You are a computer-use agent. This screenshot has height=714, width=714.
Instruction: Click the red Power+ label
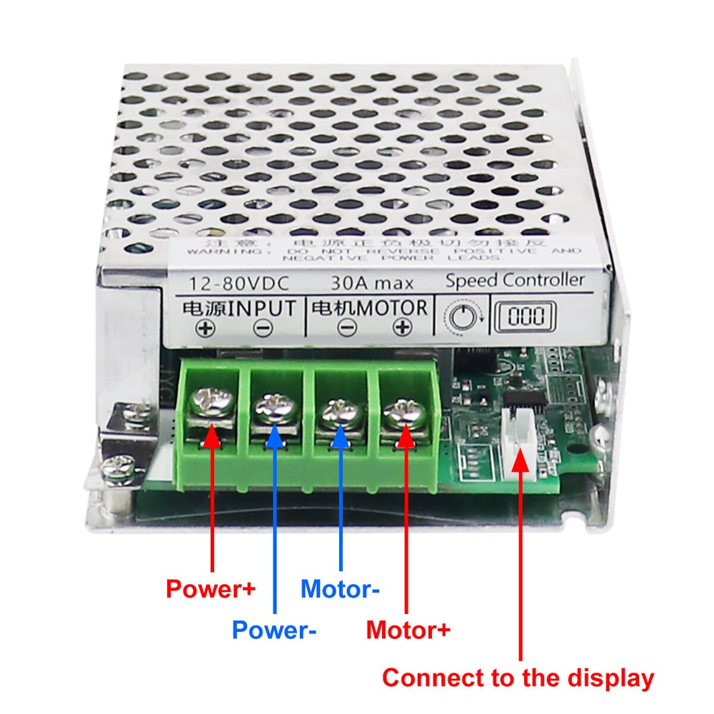210,590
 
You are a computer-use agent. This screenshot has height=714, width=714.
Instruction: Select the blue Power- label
274,630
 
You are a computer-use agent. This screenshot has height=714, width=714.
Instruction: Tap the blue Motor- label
340,590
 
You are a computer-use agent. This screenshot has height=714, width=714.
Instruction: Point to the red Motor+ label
408,630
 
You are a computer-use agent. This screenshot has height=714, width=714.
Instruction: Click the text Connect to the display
518,678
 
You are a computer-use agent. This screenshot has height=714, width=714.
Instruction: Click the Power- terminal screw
274,409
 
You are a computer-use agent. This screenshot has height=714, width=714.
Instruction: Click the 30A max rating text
368,282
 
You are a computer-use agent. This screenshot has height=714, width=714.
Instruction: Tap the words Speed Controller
514,280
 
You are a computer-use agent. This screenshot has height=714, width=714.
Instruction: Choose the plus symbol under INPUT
206,328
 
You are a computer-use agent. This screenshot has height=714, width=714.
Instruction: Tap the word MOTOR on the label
392,308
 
